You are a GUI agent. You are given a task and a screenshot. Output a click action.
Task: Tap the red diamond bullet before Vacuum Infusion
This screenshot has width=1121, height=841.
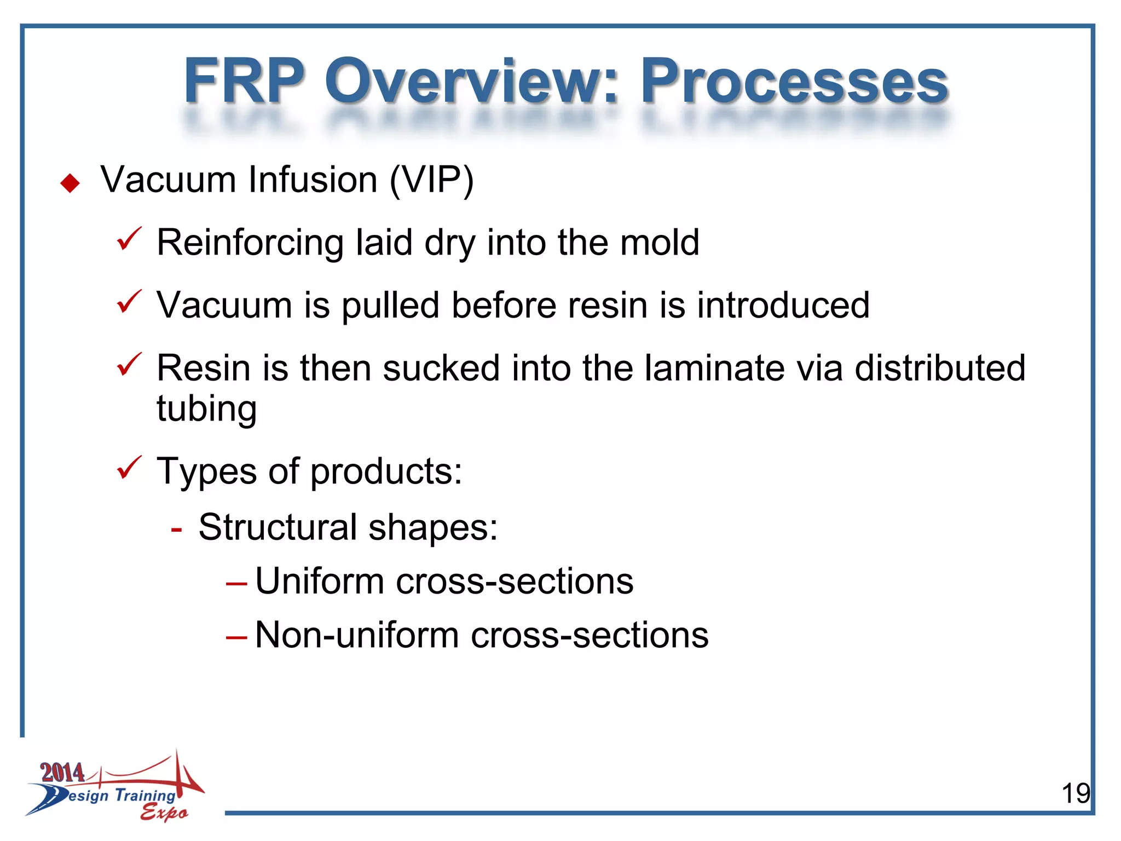pos(70,183)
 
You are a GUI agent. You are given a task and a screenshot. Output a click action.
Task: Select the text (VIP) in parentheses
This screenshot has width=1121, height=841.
pos(431,181)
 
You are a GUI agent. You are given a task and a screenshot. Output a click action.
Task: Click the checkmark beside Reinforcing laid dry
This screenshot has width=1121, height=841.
pos(129,240)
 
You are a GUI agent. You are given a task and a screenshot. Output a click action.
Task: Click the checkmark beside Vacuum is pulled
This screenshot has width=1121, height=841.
pos(129,302)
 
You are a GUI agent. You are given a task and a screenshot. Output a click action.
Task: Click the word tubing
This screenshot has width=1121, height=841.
pos(206,410)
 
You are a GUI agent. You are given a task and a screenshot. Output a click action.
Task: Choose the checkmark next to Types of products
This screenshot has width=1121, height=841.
pos(129,468)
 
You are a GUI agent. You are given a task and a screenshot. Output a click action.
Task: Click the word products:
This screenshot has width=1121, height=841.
pos(386,472)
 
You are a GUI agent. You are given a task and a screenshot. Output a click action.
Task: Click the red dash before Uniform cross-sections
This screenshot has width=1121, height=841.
pos(236,584)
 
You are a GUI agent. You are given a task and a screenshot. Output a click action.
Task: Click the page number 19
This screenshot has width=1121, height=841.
pos(1075,793)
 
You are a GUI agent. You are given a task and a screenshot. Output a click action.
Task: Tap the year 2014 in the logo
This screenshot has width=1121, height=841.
pos(62,773)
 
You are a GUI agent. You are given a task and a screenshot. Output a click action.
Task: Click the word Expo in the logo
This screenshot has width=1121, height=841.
pos(164,813)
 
